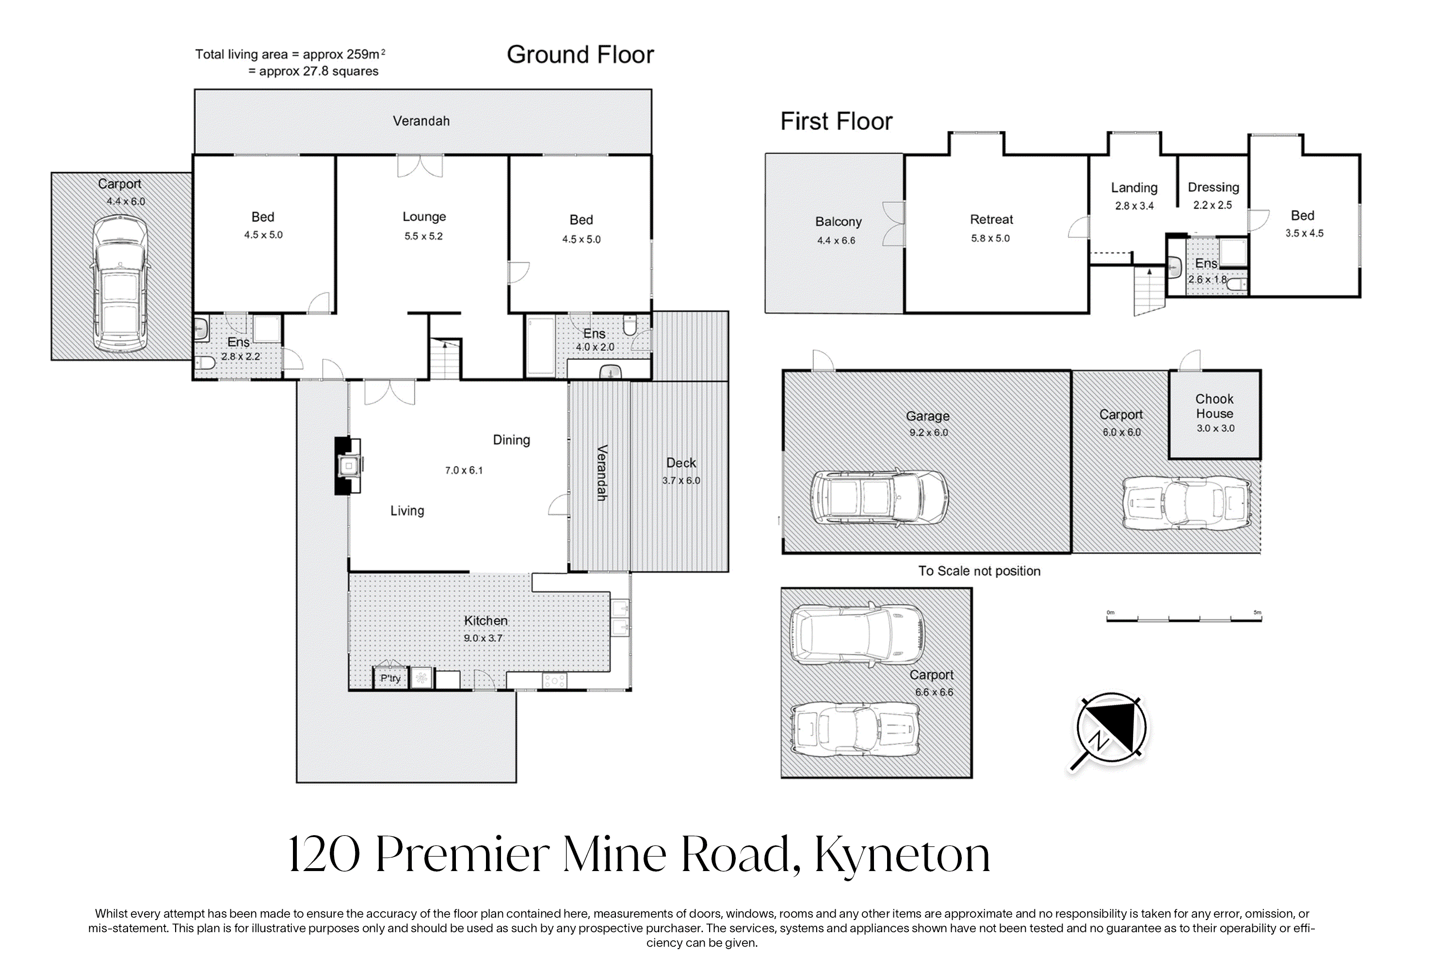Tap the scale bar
(1183, 618)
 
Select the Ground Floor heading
(580, 54)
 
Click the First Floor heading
(836, 121)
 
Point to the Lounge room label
(424, 216)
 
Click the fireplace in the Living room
(348, 466)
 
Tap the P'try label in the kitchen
(390, 678)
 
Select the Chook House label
(1214, 406)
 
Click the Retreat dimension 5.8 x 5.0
(990, 238)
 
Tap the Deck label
(680, 463)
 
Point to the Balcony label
(838, 222)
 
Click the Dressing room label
(1213, 187)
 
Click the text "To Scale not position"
(979, 571)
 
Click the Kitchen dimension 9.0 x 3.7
(483, 638)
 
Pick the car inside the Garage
(878, 498)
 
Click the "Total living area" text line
(290, 54)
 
